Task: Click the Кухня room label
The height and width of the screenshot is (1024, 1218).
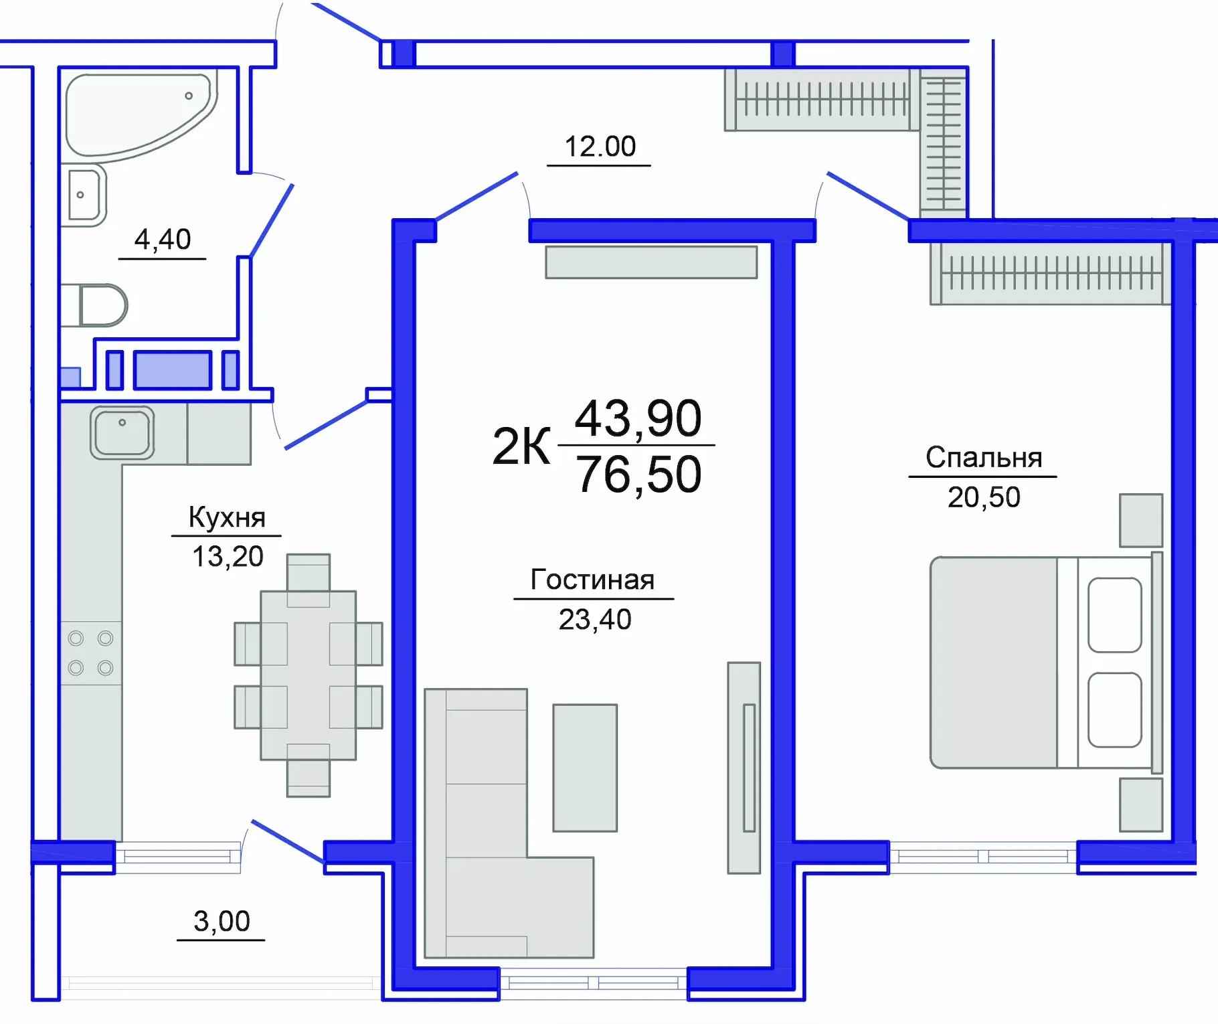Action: tap(227, 517)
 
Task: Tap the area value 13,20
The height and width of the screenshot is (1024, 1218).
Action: tap(228, 557)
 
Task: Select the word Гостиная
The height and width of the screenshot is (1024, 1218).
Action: tap(592, 580)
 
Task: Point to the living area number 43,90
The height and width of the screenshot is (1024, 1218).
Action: tap(638, 419)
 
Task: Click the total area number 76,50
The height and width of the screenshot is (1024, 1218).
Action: tap(638, 475)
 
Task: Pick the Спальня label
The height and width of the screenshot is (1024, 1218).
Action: tap(983, 458)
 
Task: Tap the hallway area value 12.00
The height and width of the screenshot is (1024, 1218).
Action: tap(600, 147)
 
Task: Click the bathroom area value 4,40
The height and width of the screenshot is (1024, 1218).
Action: tap(163, 240)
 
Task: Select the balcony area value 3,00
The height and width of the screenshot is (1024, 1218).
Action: tap(222, 922)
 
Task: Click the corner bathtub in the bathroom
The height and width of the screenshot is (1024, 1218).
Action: tap(134, 114)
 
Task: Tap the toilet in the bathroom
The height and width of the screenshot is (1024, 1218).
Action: tap(100, 305)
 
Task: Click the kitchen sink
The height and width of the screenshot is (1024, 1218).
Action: tap(122, 433)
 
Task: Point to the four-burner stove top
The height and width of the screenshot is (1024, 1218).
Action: tap(91, 653)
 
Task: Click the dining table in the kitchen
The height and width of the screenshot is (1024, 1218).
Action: tap(309, 675)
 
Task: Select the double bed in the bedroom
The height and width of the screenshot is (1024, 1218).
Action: tap(1044, 662)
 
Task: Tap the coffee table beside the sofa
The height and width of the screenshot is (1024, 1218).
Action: tap(585, 768)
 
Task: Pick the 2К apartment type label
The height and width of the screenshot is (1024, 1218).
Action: tap(521, 446)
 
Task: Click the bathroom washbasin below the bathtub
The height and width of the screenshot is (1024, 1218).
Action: tap(85, 195)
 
